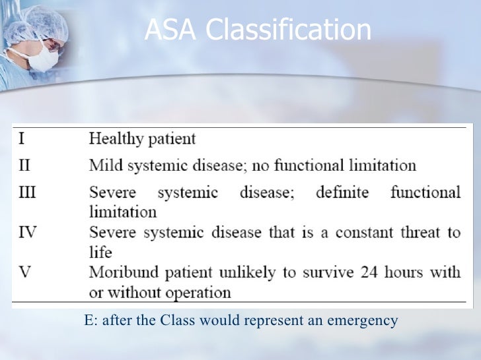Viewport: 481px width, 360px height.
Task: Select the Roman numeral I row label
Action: click(x=21, y=138)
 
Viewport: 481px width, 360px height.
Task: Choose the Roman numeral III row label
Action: click(x=26, y=192)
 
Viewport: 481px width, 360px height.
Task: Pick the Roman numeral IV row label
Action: click(x=26, y=232)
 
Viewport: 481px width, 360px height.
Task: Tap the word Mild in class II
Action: click(x=104, y=165)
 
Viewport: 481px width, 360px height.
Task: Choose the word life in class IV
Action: click(x=100, y=252)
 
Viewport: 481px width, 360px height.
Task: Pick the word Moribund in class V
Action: click(x=121, y=272)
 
